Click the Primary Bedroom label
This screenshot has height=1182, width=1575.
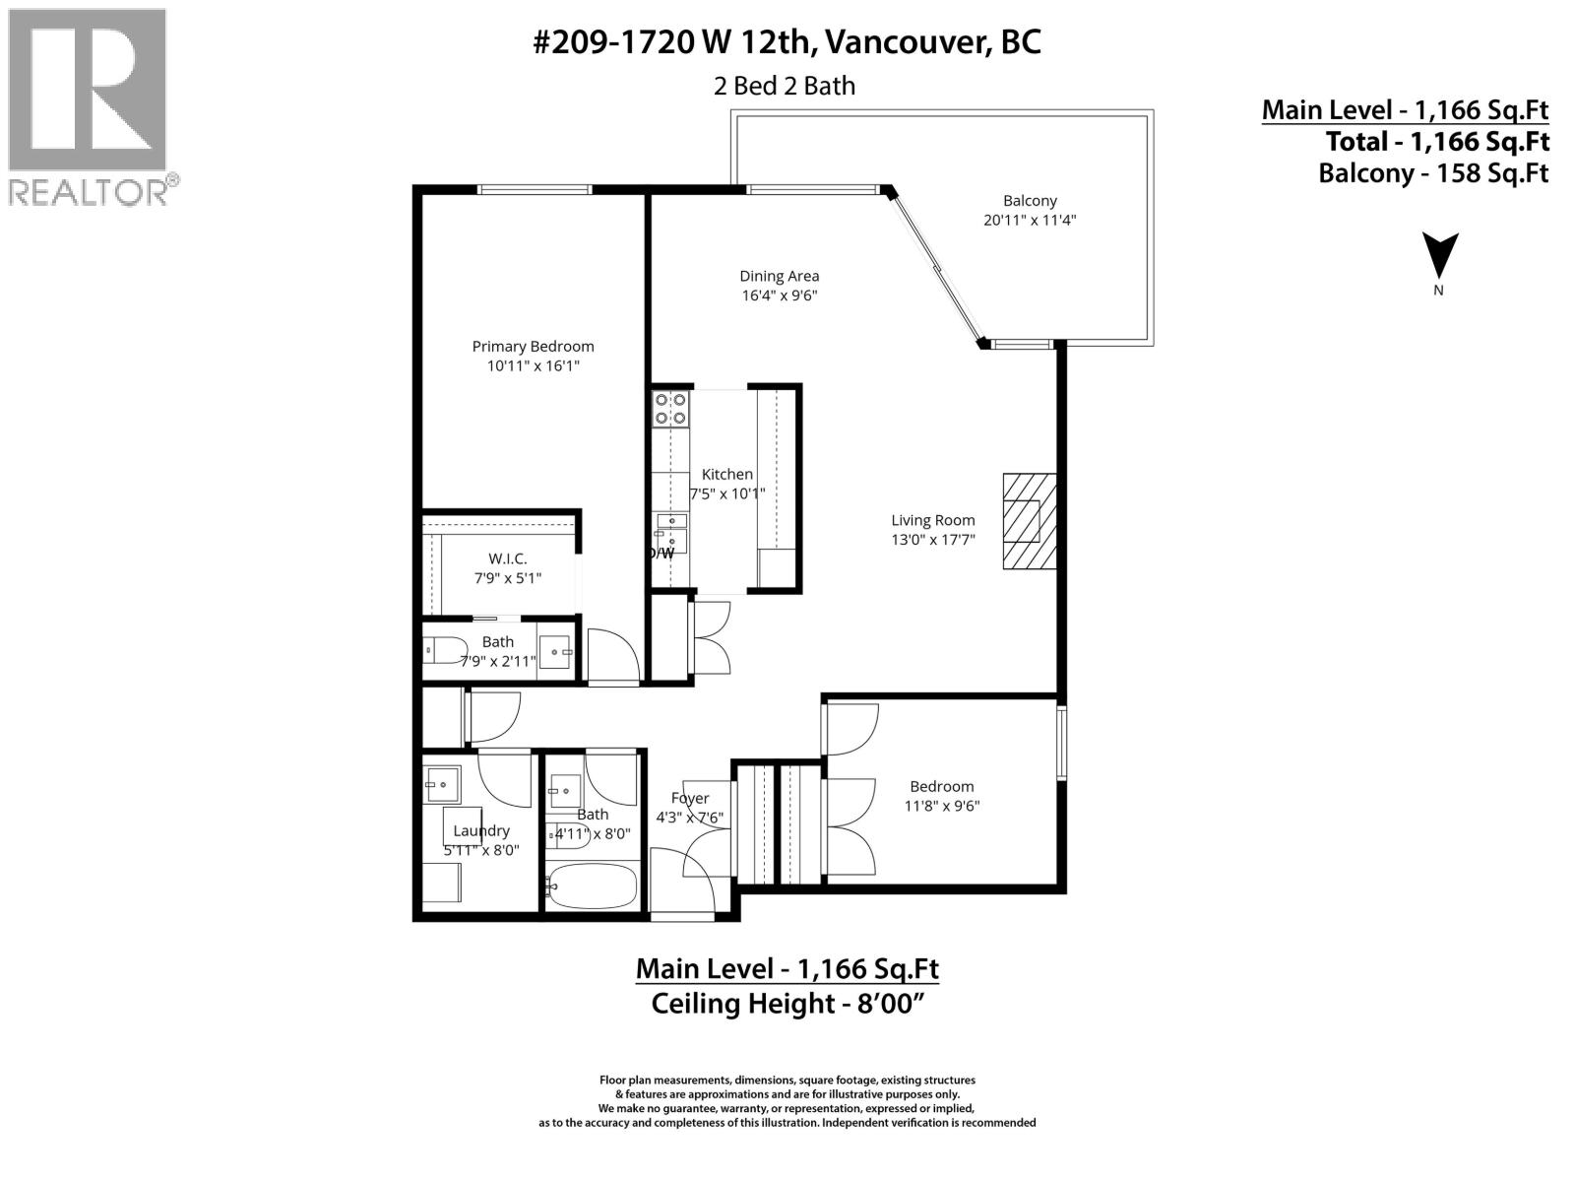click(533, 346)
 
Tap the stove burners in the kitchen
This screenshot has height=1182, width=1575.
click(671, 409)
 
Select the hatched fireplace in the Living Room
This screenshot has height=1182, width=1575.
click(1029, 520)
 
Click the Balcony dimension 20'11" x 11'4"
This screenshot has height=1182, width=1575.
click(1030, 221)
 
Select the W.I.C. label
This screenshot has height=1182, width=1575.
click(507, 558)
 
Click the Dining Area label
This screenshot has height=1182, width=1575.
click(779, 276)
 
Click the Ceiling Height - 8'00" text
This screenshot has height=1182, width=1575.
click(787, 1005)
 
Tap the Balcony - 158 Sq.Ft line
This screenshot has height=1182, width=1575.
click(1433, 173)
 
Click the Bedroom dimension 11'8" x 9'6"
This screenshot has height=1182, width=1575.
click(942, 806)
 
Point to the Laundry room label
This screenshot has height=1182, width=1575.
click(481, 830)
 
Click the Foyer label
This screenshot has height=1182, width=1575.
click(690, 798)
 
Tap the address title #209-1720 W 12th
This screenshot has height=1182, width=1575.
click(787, 42)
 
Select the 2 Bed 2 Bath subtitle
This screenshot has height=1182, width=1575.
click(785, 86)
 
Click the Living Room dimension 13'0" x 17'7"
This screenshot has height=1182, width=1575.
click(932, 539)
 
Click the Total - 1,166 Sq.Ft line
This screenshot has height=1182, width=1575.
click(1437, 141)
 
